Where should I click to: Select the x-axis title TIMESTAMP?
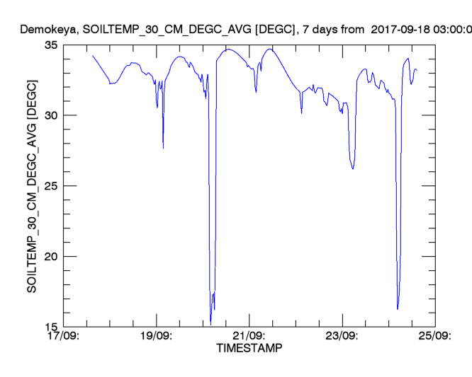click(x=248, y=349)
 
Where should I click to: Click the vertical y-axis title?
click(x=32, y=185)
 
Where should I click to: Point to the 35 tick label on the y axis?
click(x=50, y=45)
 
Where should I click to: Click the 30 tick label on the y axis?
click(x=50, y=115)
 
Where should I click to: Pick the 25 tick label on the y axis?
click(x=50, y=186)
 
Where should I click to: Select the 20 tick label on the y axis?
click(x=50, y=257)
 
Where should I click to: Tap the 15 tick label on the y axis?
click(x=50, y=327)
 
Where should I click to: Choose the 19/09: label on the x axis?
click(x=156, y=336)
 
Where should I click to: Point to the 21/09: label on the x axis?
click(x=249, y=336)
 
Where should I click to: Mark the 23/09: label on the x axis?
click(x=342, y=336)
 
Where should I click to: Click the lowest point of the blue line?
click(x=210, y=323)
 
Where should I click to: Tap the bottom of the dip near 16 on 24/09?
click(x=398, y=309)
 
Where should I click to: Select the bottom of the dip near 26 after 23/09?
click(x=352, y=169)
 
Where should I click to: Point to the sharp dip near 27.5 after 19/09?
click(x=163, y=148)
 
